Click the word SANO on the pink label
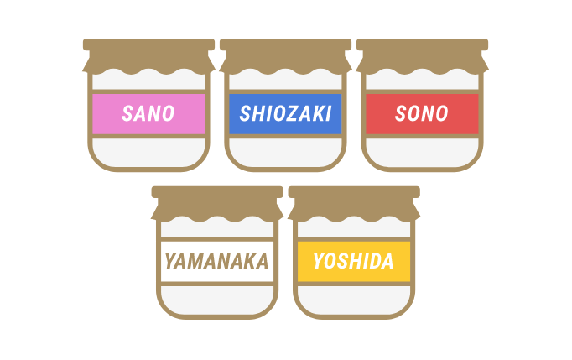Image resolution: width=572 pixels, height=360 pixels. point(148,114)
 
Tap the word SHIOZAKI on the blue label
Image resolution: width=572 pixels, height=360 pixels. point(285,114)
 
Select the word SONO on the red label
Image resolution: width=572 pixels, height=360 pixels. point(422,114)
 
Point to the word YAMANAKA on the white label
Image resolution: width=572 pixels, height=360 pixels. point(216,261)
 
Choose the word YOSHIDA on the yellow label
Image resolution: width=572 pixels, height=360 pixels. point(353,261)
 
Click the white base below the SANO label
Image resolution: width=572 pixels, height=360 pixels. point(148,151)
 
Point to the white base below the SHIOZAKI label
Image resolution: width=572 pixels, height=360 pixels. point(285,151)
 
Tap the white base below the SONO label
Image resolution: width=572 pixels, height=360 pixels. point(422,151)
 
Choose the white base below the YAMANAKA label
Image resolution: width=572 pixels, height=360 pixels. point(216,299)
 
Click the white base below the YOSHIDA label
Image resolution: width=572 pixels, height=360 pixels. point(353,299)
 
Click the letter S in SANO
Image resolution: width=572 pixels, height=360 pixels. point(127,114)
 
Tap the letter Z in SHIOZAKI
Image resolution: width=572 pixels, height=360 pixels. point(289,114)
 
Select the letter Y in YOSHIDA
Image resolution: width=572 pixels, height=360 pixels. point(319,261)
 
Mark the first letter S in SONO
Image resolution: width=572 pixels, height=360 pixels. point(401,114)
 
